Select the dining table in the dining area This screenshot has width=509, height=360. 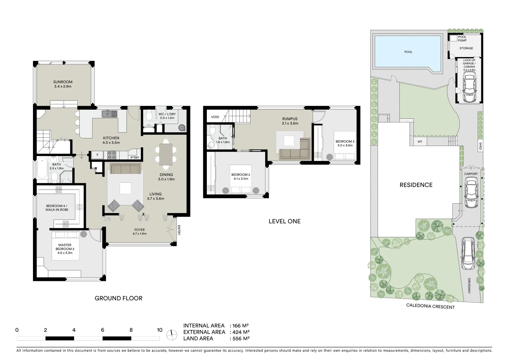(x=166, y=154)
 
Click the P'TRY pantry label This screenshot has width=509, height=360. (x=135, y=158)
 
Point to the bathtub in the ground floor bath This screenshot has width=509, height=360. (x=42, y=169)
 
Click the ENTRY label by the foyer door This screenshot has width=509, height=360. (x=179, y=230)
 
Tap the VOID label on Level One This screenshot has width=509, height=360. (x=215, y=117)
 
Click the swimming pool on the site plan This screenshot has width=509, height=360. (x=408, y=52)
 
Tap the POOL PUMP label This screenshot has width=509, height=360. (x=462, y=39)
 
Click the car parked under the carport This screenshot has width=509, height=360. (x=470, y=192)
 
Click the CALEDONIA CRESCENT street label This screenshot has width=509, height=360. (x=430, y=307)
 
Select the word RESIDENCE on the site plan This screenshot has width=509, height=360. (x=416, y=185)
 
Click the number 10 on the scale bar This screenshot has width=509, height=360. (x=160, y=330)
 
